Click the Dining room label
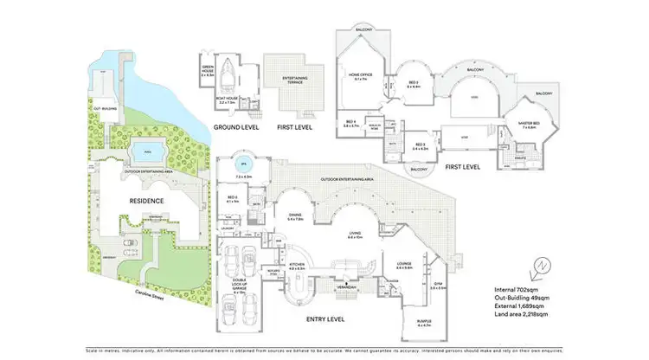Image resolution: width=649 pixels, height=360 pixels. [x=295, y=216]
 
